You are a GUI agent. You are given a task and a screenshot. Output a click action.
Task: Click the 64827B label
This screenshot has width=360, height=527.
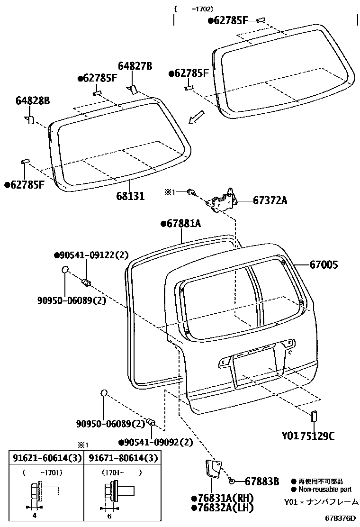135,67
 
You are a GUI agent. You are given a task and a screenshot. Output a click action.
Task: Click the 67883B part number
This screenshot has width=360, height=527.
261,482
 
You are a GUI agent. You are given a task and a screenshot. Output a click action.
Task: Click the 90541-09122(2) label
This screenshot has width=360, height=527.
91,255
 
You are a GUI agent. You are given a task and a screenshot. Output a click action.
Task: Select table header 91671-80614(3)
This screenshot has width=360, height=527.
122,458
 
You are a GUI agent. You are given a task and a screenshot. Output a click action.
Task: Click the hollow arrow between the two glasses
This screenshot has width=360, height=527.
197,117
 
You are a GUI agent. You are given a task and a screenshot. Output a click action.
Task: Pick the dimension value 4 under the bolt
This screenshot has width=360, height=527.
34,517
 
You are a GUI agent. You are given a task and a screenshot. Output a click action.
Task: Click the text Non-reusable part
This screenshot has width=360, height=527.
324,490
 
